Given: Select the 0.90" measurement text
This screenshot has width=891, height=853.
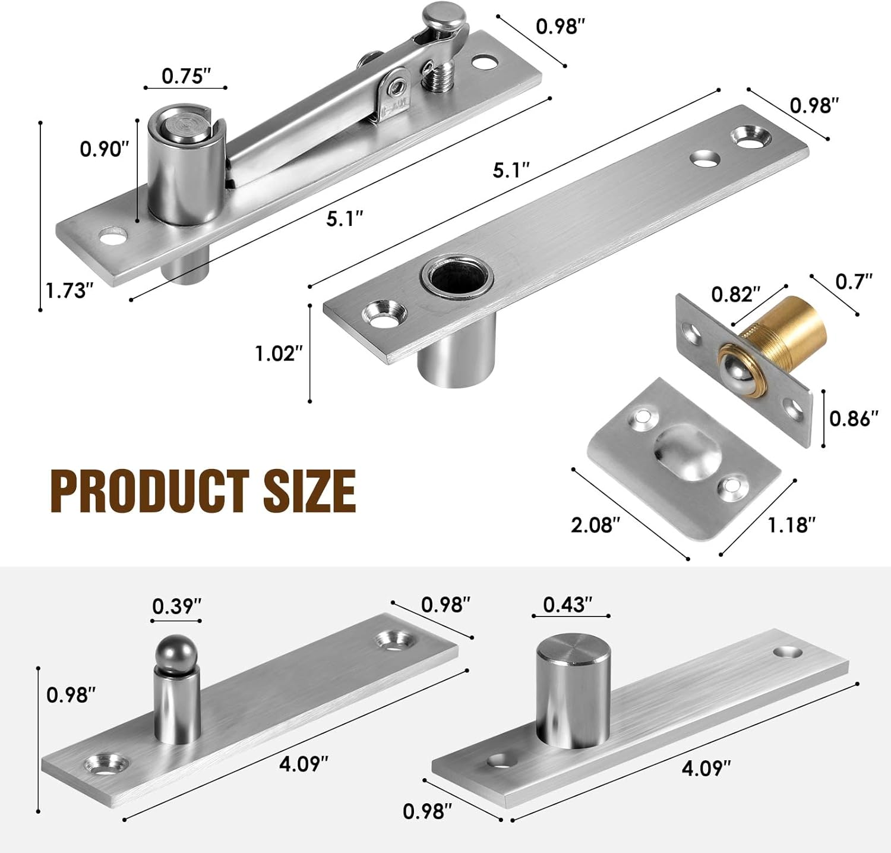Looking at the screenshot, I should click(x=105, y=149).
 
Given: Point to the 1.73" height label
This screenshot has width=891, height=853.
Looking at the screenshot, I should click(x=70, y=291).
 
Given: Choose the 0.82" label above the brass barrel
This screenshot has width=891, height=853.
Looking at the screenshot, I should click(x=735, y=294).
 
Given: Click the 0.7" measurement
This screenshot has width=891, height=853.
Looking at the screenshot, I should click(x=854, y=281).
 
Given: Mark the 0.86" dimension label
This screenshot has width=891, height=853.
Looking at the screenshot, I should click(x=854, y=418).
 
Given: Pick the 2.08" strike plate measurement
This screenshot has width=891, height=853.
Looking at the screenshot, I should click(x=595, y=525).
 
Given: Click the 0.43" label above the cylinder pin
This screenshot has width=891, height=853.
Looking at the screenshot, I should click(x=568, y=604).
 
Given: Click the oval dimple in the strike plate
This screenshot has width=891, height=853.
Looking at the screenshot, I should click(x=687, y=448).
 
